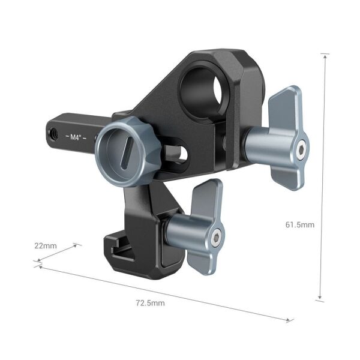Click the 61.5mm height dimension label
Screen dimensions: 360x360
[299, 224]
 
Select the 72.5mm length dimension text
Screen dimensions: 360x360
[150, 303]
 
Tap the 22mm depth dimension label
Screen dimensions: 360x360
[46, 246]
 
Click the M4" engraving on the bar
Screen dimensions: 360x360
[76, 137]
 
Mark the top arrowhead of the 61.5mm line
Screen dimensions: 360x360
[325, 56]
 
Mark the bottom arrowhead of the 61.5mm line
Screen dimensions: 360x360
[320, 298]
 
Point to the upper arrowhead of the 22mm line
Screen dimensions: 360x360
[77, 244]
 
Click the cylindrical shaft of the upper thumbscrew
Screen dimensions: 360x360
[258, 148]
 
